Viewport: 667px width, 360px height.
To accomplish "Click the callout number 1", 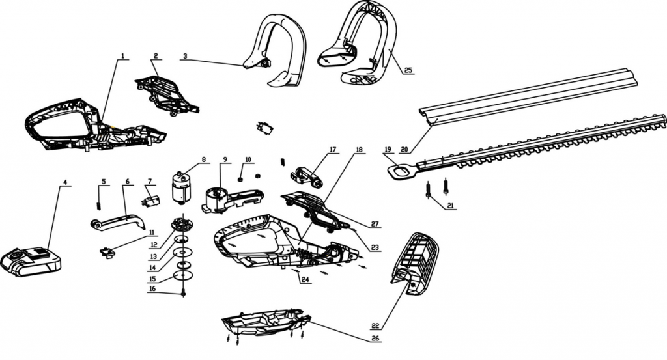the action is [122, 56].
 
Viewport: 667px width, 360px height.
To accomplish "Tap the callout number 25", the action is [408, 70].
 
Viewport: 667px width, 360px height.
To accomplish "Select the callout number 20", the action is [404, 149].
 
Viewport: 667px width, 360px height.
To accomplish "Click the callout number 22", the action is [375, 326].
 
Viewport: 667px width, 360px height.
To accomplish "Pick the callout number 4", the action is [65, 182].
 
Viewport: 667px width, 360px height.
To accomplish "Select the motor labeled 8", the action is [181, 187].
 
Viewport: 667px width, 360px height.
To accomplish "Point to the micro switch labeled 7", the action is [150, 200].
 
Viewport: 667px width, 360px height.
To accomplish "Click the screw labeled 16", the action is [184, 293].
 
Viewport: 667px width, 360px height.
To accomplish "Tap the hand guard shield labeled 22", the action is [415, 264].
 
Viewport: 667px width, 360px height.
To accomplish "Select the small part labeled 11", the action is [107, 253].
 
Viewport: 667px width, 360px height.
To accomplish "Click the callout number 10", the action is [248, 159].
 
